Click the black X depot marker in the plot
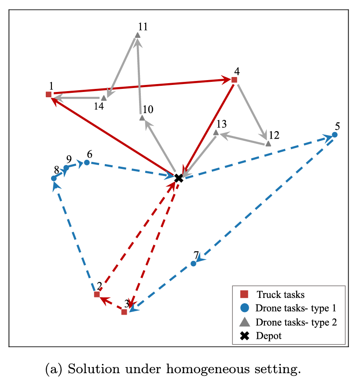178,178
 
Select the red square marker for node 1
48,94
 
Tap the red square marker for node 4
234,80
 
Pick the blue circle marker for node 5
334,135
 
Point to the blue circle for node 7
193,264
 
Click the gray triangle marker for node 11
138,35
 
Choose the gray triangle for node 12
268,144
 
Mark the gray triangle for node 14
104,98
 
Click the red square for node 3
124,312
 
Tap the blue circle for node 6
87,162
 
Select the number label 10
148,110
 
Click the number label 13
222,124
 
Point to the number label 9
69,159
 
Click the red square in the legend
244,294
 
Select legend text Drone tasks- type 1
296,308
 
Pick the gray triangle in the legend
245,322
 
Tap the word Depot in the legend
268,336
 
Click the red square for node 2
97,294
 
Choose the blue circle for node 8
54,178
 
